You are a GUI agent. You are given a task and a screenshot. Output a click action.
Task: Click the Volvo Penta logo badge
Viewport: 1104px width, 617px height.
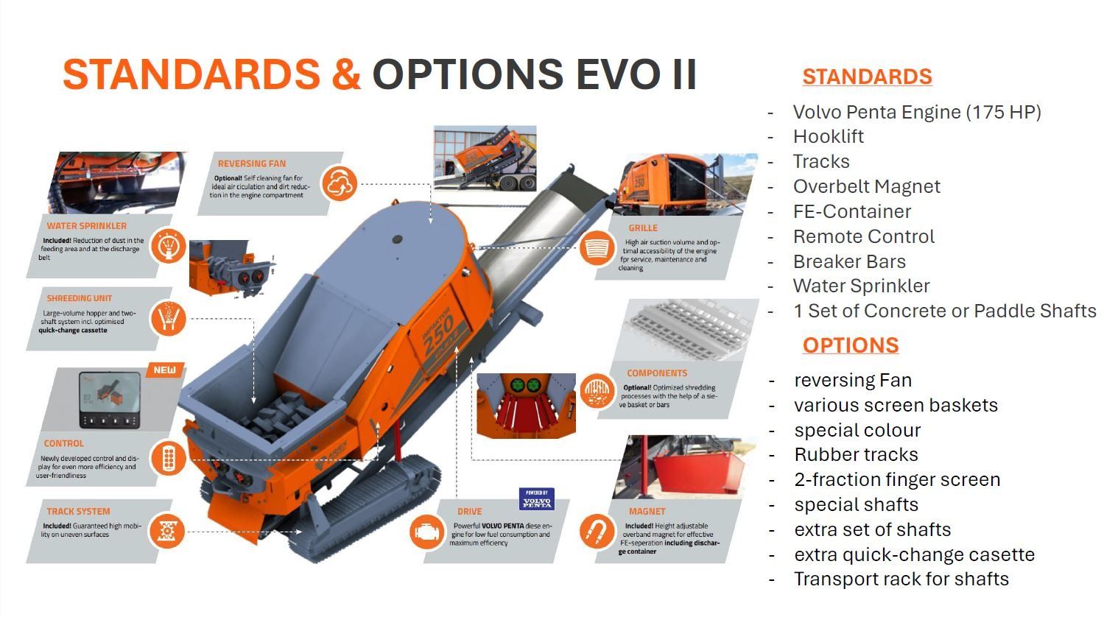(x=537, y=498)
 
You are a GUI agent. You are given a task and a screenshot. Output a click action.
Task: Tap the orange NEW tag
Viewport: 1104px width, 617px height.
(x=165, y=370)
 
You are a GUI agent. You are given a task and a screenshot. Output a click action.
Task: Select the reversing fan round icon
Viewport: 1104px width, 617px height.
(x=339, y=183)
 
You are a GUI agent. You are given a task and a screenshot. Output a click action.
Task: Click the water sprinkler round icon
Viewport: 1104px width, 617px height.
(x=169, y=245)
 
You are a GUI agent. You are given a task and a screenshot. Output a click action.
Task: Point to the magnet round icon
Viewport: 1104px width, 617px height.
(x=597, y=532)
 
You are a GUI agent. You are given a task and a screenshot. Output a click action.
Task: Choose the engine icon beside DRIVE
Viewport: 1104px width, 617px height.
(x=427, y=532)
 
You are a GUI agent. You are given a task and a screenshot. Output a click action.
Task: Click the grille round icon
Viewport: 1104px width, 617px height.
(x=597, y=247)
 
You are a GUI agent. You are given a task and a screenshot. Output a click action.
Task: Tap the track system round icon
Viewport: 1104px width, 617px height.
(x=167, y=531)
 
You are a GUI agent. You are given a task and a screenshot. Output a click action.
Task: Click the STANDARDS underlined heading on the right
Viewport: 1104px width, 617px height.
(x=867, y=77)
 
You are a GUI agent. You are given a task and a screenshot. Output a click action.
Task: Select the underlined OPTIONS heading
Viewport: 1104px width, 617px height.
(x=851, y=345)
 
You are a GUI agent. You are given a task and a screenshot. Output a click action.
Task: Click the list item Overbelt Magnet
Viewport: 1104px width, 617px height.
(x=866, y=186)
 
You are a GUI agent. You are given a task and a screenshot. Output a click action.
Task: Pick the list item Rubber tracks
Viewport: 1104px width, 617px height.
(x=856, y=454)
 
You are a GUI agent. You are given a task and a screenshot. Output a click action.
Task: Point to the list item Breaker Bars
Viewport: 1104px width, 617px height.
(x=849, y=261)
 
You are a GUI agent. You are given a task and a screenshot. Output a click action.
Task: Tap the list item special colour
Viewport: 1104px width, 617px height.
(x=857, y=430)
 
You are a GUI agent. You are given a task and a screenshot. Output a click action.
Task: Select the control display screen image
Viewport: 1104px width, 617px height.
(x=110, y=400)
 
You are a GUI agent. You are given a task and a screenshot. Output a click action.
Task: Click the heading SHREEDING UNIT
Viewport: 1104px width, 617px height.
(x=80, y=298)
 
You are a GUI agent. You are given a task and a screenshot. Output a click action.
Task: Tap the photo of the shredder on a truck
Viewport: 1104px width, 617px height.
(x=485, y=158)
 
